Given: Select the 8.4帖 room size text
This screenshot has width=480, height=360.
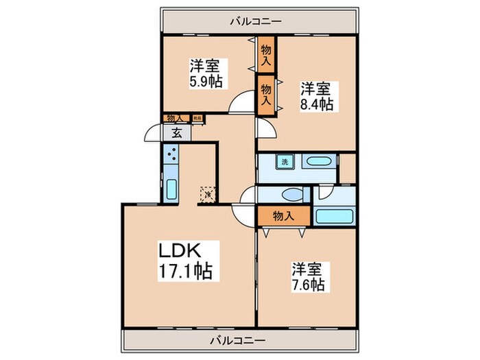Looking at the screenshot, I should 316,104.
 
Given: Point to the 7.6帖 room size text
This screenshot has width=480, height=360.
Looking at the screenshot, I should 308,284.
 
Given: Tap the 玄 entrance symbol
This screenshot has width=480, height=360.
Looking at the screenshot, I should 176,133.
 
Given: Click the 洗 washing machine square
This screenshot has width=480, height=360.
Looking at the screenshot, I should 283,163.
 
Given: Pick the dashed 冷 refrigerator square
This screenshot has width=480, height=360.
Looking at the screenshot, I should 207,195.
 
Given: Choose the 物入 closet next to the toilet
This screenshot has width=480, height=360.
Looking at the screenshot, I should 283,215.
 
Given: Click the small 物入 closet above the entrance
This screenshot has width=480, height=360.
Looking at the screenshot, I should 174,118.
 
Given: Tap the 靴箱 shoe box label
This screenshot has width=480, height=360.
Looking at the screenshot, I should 197,118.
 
